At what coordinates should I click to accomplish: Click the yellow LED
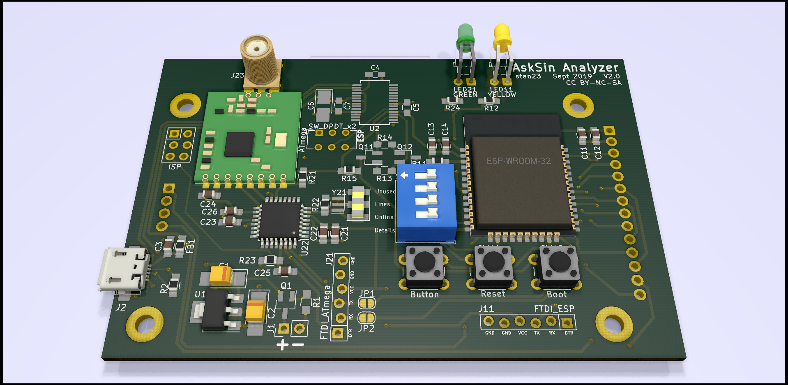point(502,35)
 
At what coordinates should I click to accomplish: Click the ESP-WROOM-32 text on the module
point(518,161)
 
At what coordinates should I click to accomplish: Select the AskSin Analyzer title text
point(565,67)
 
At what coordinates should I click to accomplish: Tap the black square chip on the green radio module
point(239,144)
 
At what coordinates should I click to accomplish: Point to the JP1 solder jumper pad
point(367,303)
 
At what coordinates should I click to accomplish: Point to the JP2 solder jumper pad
point(366,318)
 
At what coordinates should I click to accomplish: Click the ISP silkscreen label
point(175,167)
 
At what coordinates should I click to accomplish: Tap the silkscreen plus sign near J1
point(282,345)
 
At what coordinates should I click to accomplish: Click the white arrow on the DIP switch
point(404,176)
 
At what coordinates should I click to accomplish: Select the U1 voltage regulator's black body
point(214,311)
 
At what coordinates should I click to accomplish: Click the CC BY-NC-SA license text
point(594,83)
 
